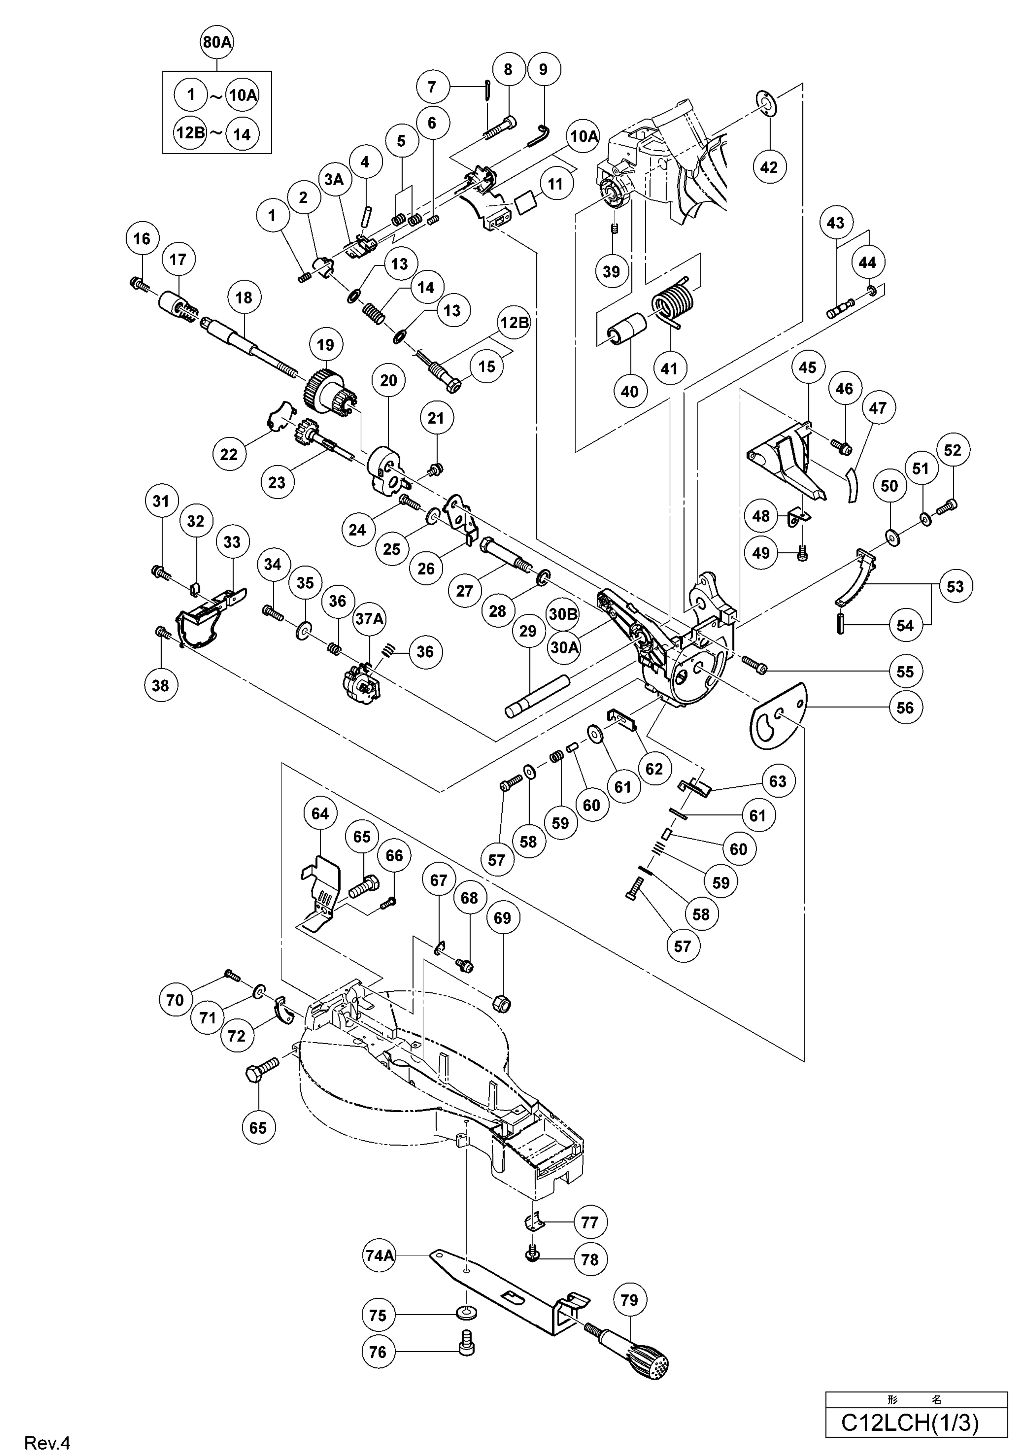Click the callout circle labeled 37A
pyautogui.click(x=369, y=619)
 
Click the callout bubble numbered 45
pyautogui.click(x=807, y=367)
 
